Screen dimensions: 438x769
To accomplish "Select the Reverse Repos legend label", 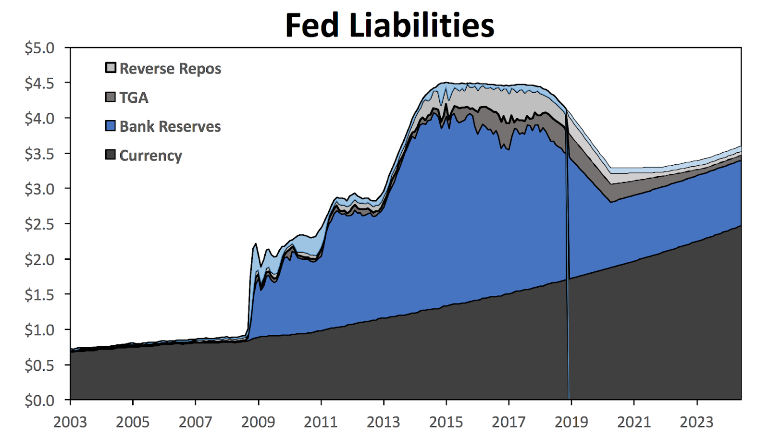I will click(170, 69).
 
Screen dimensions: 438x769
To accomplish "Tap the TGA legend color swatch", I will click(111, 97).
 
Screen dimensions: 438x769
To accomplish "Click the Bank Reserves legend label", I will click(170, 126).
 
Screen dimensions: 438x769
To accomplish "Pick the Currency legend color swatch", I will click(111, 155).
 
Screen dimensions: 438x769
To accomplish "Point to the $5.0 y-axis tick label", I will click(39, 48).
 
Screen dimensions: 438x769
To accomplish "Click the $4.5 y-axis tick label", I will click(39, 83).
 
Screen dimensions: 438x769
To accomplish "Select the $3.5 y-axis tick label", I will click(39, 154).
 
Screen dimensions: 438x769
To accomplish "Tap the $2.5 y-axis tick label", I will click(39, 224).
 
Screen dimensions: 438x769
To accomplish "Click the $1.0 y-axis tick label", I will click(39, 330).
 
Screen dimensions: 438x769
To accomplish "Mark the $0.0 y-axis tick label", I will click(39, 400).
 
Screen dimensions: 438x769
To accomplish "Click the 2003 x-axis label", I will click(70, 422).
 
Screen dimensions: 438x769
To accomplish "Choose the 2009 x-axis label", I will click(258, 422).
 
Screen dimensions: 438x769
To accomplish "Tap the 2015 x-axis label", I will click(446, 422).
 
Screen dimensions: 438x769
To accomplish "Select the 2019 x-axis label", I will click(571, 422).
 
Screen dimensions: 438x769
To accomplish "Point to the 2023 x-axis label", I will click(696, 422).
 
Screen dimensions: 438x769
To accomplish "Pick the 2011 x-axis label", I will click(321, 422).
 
